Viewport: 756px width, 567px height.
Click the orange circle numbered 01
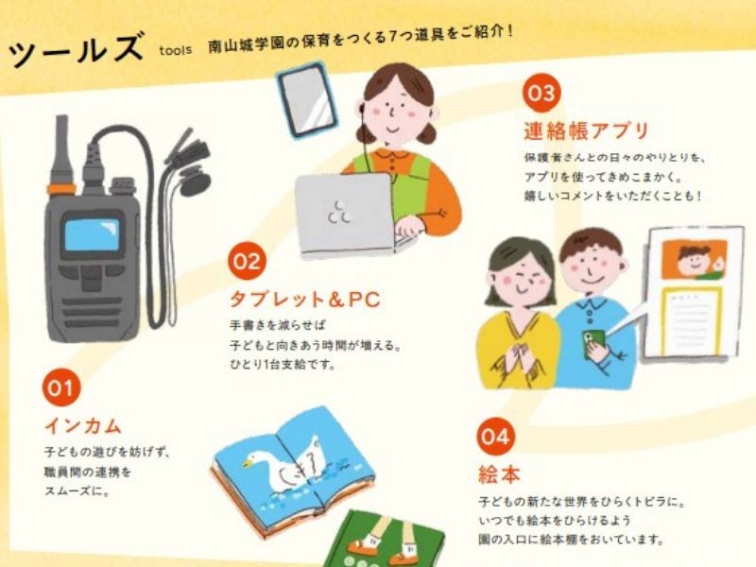pos(61,387)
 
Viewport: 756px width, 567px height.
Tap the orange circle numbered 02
pos(248,261)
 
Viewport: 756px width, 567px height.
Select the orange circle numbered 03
pos(541,93)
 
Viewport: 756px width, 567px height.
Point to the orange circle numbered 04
pos(495,436)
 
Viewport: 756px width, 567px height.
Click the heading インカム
pos(83,426)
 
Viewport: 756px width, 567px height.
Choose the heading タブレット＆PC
pos(304,300)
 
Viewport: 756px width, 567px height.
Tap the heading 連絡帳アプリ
pos(586,130)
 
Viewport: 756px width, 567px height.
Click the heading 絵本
pos(499,474)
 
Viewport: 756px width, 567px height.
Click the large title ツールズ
pos(76,50)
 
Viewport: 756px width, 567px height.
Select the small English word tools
pos(176,50)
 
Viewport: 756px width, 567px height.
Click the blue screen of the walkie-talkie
pos(92,234)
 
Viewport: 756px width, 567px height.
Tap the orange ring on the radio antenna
pos(61,188)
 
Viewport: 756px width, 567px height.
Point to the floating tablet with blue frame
pos(306,100)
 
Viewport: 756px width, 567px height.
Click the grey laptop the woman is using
pos(346,215)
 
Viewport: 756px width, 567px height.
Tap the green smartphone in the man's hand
pos(593,343)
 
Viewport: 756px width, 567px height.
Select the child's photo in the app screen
pos(694,261)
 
